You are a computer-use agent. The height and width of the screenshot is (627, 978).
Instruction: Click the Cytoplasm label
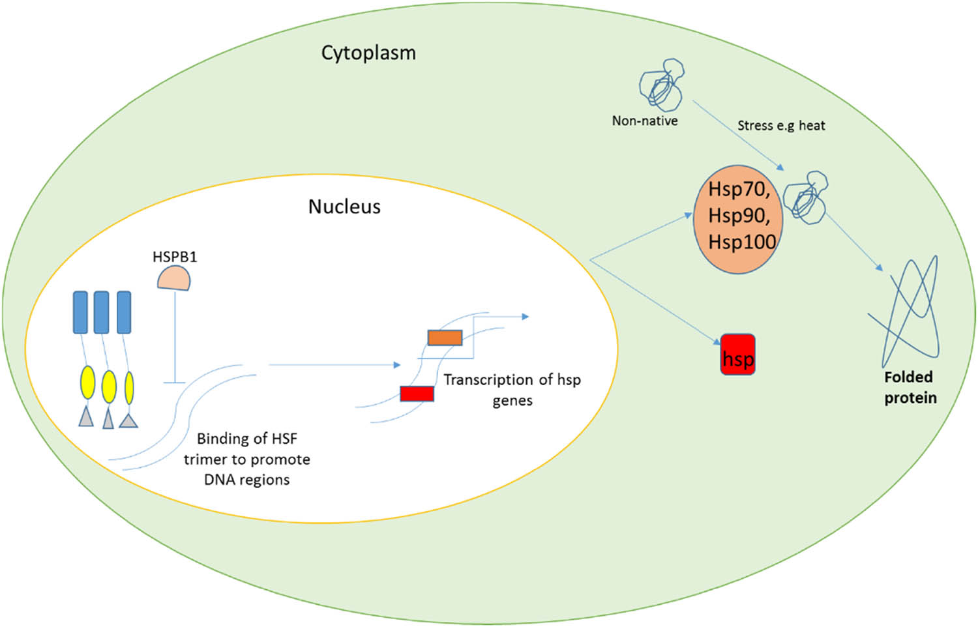[x=368, y=53]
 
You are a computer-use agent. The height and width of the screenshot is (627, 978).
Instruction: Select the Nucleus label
[x=344, y=207]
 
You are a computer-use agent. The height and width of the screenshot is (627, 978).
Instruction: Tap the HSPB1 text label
[x=175, y=257]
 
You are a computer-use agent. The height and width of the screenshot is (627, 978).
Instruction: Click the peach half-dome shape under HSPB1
[x=174, y=279]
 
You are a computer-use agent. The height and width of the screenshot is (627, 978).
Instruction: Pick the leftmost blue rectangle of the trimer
[x=80, y=312]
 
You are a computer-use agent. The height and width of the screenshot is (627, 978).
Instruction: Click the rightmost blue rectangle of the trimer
[x=124, y=312]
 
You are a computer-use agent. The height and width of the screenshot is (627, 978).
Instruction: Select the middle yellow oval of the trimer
[x=109, y=386]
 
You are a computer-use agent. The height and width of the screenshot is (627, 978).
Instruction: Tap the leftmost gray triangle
[x=86, y=417]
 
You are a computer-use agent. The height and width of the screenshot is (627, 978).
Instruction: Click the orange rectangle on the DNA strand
[x=445, y=338]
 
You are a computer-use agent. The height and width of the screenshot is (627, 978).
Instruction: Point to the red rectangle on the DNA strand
[x=417, y=394]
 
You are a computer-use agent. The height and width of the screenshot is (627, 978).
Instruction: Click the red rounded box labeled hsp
[x=738, y=355]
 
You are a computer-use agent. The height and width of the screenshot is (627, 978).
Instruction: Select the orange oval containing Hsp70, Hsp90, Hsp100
[x=738, y=219]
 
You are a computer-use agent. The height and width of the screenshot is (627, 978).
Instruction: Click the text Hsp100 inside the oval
[x=742, y=242]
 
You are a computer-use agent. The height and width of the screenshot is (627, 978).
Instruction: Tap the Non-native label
[x=644, y=121]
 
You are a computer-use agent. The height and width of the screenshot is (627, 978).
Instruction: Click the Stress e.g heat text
[x=781, y=125]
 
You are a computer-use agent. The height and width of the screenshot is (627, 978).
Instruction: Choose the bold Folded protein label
[x=910, y=387]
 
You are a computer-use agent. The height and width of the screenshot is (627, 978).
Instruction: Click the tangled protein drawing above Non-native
[x=660, y=84]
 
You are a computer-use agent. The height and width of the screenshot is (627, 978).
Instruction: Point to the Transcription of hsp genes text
[x=512, y=389]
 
